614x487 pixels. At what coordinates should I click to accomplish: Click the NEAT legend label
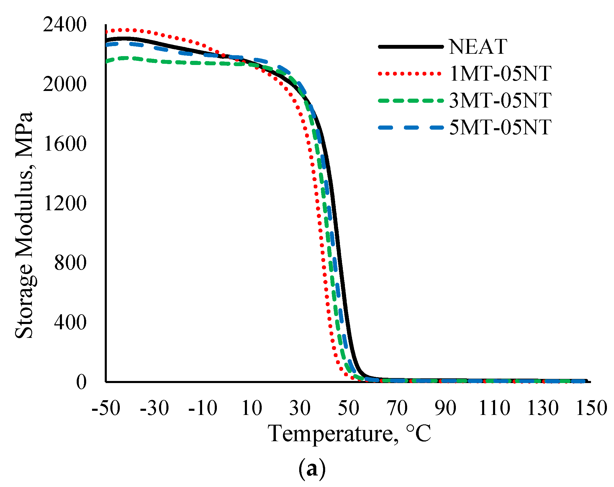tap(478, 47)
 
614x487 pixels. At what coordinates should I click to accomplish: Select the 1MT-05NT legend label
tap(500, 74)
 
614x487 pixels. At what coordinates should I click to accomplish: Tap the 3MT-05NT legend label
tap(500, 100)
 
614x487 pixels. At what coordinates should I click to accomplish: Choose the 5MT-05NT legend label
tap(500, 128)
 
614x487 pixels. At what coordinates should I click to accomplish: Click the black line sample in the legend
tap(411, 47)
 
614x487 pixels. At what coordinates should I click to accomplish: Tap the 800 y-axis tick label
tap(70, 263)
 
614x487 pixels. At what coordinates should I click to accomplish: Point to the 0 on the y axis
tap(81, 382)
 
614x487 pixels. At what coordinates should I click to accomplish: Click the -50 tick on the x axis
tap(106, 408)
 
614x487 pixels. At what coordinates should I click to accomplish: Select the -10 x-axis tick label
tap(203, 408)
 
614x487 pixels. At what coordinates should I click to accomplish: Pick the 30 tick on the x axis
tap(300, 408)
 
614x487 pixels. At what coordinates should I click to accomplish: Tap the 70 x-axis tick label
tap(397, 408)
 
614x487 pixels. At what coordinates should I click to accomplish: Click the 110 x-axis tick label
tap(494, 408)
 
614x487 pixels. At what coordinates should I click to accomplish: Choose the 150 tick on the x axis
tap(591, 408)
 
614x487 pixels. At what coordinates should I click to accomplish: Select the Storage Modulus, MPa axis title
tap(24, 225)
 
